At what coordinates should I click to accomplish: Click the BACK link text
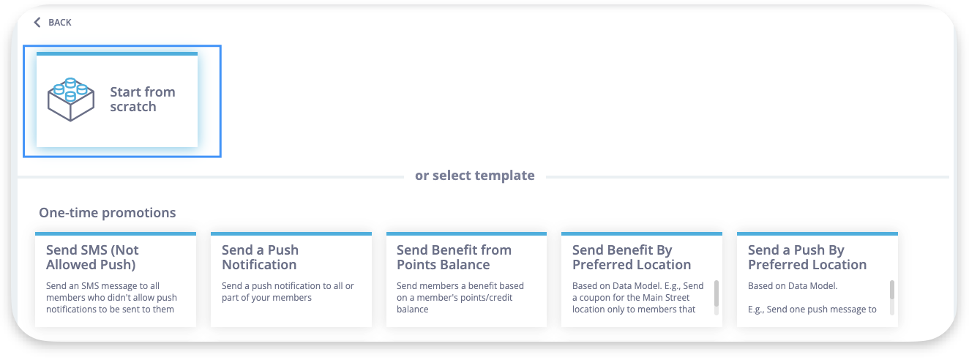pos(60,23)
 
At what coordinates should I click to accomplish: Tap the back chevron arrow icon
pos(37,23)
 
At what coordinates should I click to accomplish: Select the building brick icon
pos(71,100)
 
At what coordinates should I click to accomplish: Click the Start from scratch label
pos(143,99)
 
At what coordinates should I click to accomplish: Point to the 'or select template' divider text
pos(474,175)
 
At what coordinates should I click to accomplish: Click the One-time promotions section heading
pos(108,213)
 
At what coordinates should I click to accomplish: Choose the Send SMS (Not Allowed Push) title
pos(92,258)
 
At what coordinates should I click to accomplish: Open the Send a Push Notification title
pos(260,258)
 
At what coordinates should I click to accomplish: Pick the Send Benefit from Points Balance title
pos(454,258)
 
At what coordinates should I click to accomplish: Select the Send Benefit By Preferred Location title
pos(632,258)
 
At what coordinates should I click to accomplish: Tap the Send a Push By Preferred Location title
pos(807,258)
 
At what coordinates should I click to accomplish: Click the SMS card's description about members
pos(111,298)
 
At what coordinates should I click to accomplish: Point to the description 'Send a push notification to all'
pos(288,292)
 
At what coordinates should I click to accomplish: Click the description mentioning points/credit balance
pos(460,298)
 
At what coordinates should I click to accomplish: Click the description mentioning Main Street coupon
pos(638,298)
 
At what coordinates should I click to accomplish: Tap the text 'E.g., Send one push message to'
pos(812,310)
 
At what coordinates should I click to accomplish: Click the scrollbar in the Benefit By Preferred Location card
pos(717,293)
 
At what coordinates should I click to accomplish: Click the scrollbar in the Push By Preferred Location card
pos(892,290)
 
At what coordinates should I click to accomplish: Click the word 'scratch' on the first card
pos(132,107)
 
